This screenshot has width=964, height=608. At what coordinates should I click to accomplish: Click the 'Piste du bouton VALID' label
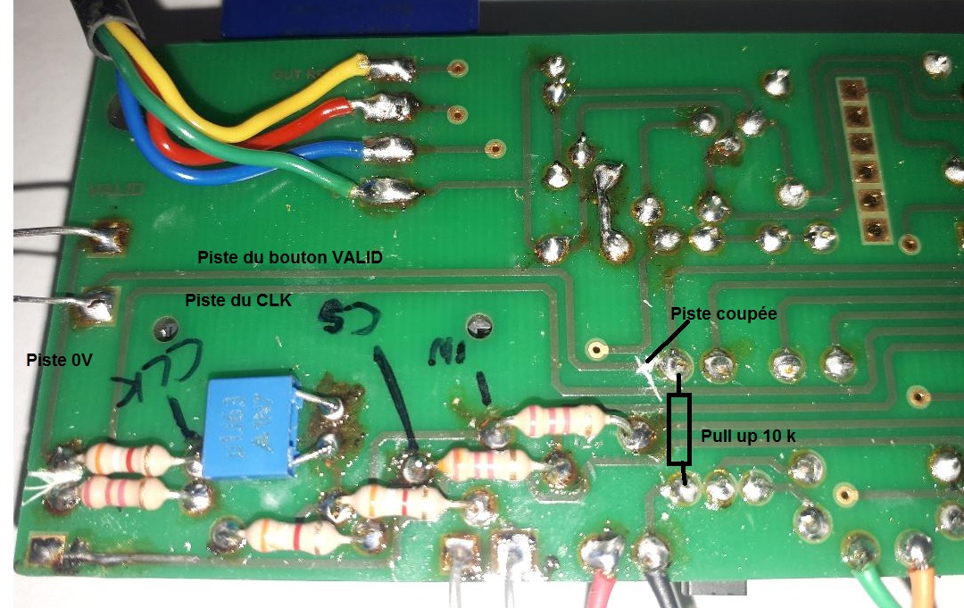(289, 257)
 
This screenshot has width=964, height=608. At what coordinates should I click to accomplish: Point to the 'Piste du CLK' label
(238, 300)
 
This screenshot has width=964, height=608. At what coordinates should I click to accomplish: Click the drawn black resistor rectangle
(680, 430)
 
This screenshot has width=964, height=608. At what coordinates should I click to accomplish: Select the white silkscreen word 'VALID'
(105, 190)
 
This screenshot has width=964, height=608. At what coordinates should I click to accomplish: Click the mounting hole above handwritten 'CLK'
(164, 328)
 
